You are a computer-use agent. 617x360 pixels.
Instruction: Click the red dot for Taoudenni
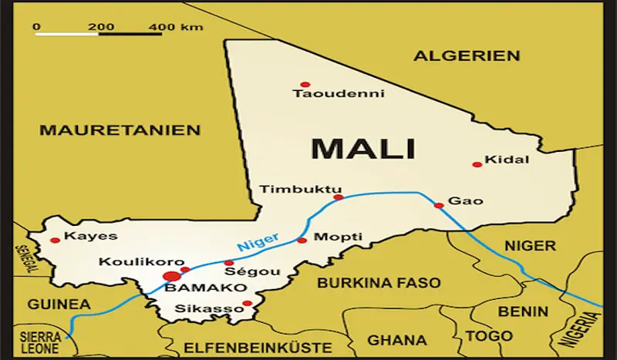point(305,84)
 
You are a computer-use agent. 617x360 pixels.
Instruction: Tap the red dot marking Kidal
point(477,164)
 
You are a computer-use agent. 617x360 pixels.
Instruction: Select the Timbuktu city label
point(289,189)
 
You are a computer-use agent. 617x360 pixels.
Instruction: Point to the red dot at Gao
point(439,205)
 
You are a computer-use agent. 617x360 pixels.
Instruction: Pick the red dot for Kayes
point(55,240)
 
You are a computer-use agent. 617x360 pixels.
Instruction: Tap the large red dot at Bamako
point(172,276)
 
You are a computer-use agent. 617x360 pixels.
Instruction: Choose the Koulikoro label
point(130,262)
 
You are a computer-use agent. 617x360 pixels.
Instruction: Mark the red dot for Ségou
point(229,263)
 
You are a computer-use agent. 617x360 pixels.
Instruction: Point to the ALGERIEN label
point(467,56)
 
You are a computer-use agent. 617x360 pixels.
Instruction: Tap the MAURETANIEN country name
point(120,130)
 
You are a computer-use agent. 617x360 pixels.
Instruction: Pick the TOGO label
point(488,336)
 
